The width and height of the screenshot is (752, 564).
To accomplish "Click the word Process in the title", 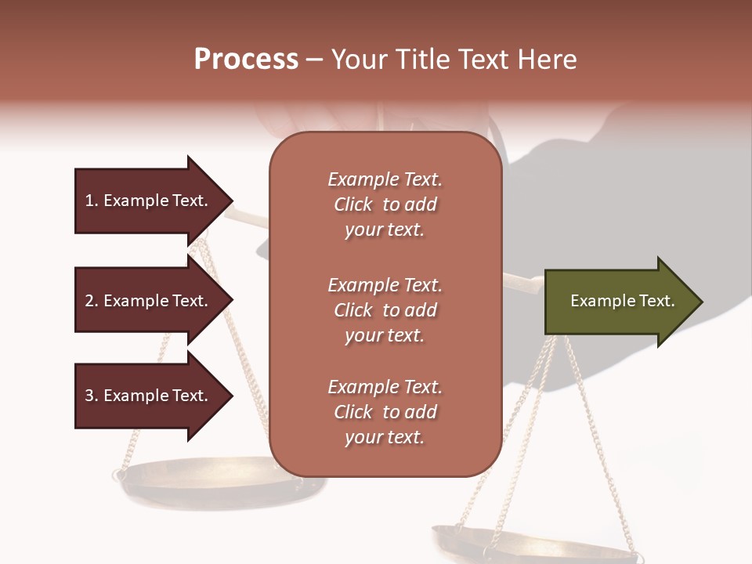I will pos(246,60).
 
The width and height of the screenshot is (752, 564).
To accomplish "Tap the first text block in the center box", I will pos(385,204).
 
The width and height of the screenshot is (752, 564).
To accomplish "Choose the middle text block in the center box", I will pos(385,310).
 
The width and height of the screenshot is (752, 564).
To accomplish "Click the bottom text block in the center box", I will pos(385,412).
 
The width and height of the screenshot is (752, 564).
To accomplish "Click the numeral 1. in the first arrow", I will pos(91,201).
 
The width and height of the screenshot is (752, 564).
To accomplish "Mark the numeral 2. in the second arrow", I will pos(91,301).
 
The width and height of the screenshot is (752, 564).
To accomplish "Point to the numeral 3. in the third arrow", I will pos(91,396).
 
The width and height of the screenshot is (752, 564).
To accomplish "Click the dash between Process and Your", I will pos(314,60).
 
